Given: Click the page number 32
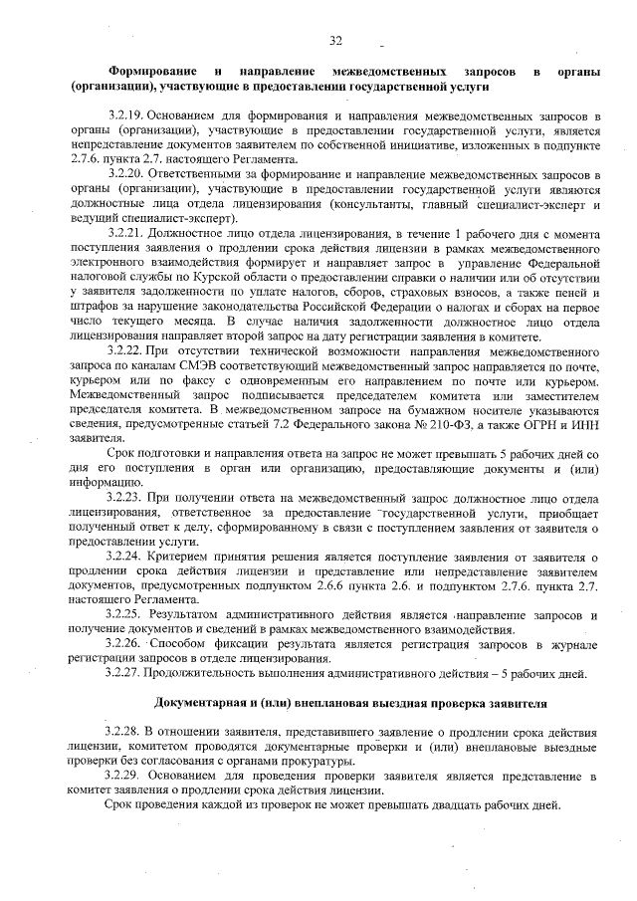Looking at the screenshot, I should point(335,40).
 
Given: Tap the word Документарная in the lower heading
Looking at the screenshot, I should point(202,703).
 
